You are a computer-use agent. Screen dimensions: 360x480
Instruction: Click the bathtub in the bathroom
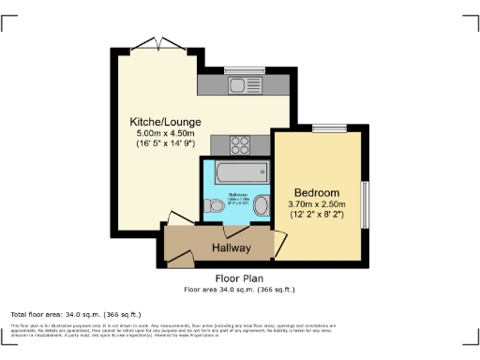[x=242, y=174]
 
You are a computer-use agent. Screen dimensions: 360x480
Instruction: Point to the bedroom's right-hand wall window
[x=366, y=202]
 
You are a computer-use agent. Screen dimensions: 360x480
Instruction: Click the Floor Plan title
[x=239, y=278]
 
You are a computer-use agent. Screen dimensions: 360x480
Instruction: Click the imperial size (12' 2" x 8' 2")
[x=319, y=215]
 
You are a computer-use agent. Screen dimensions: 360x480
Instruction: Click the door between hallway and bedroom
[x=277, y=242]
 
